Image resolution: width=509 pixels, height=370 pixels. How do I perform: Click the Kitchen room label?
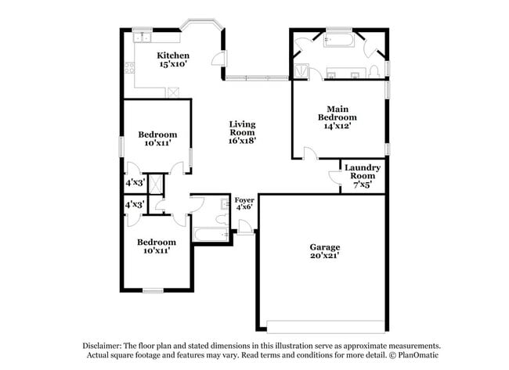coord(172,56)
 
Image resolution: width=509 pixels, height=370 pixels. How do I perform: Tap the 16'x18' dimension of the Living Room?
coord(242,141)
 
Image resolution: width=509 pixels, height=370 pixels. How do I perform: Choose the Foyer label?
coord(244,201)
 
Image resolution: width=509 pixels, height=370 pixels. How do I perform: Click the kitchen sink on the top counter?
coord(143,37)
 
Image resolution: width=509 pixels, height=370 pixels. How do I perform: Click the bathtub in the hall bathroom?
coord(209,235)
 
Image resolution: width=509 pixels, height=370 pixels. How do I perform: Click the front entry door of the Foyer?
coord(246,228)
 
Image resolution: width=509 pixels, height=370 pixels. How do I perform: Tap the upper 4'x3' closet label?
coord(135,182)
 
